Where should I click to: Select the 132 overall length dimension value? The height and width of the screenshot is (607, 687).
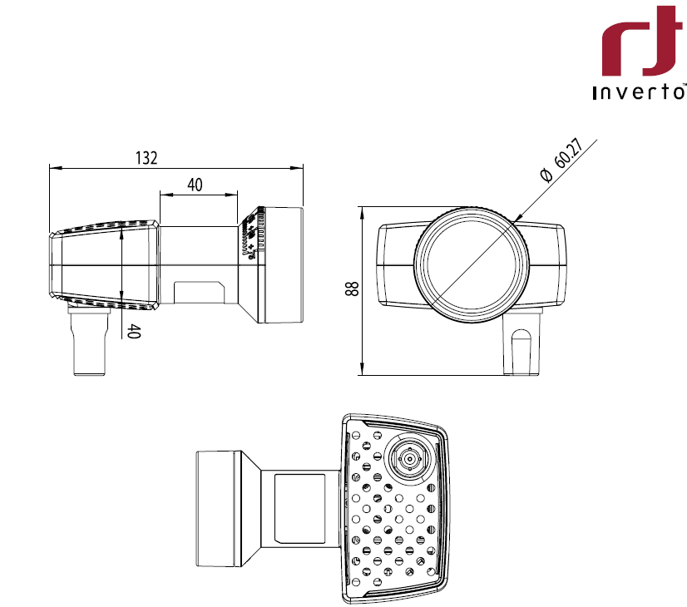[146, 158]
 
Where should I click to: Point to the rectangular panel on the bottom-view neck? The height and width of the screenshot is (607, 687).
[299, 507]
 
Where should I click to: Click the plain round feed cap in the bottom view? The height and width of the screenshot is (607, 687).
[220, 506]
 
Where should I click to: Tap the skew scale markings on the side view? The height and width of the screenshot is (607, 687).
[250, 237]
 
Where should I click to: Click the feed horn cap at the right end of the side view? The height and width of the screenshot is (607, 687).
[283, 264]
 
